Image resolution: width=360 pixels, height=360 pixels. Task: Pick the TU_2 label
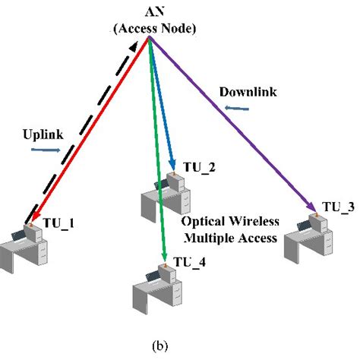(x=200, y=169)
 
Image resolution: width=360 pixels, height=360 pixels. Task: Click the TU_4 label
(x=189, y=262)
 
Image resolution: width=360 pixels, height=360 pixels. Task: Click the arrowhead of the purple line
(x=313, y=209)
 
